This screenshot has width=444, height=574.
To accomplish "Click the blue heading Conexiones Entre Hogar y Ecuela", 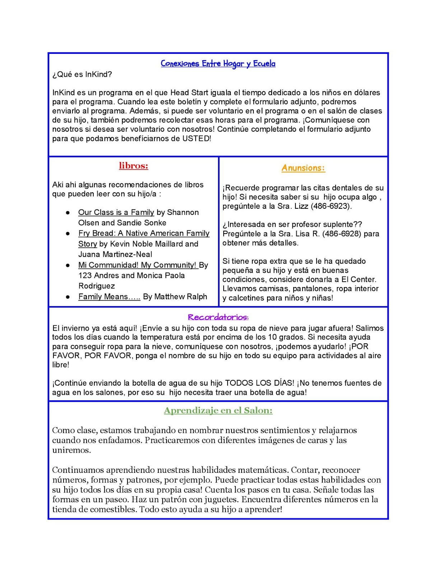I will click(218, 64).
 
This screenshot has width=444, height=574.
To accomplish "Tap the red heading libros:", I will click(134, 166).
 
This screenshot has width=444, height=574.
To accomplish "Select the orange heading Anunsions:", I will click(303, 168).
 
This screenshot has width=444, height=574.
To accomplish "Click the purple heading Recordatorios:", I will click(218, 317).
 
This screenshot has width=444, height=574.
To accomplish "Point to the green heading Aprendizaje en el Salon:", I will click(218, 410).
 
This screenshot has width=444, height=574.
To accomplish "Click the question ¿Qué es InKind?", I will click(82, 74).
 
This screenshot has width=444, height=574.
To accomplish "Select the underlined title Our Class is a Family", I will click(116, 212).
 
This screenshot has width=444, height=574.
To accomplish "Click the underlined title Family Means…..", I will click(109, 297).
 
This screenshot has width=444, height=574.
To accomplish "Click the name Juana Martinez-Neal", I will click(115, 254).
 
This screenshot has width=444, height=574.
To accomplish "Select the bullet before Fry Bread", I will click(68, 234).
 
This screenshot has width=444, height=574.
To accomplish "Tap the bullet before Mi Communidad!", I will click(68, 265).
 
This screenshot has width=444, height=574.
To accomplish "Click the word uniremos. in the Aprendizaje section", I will click(71, 450).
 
